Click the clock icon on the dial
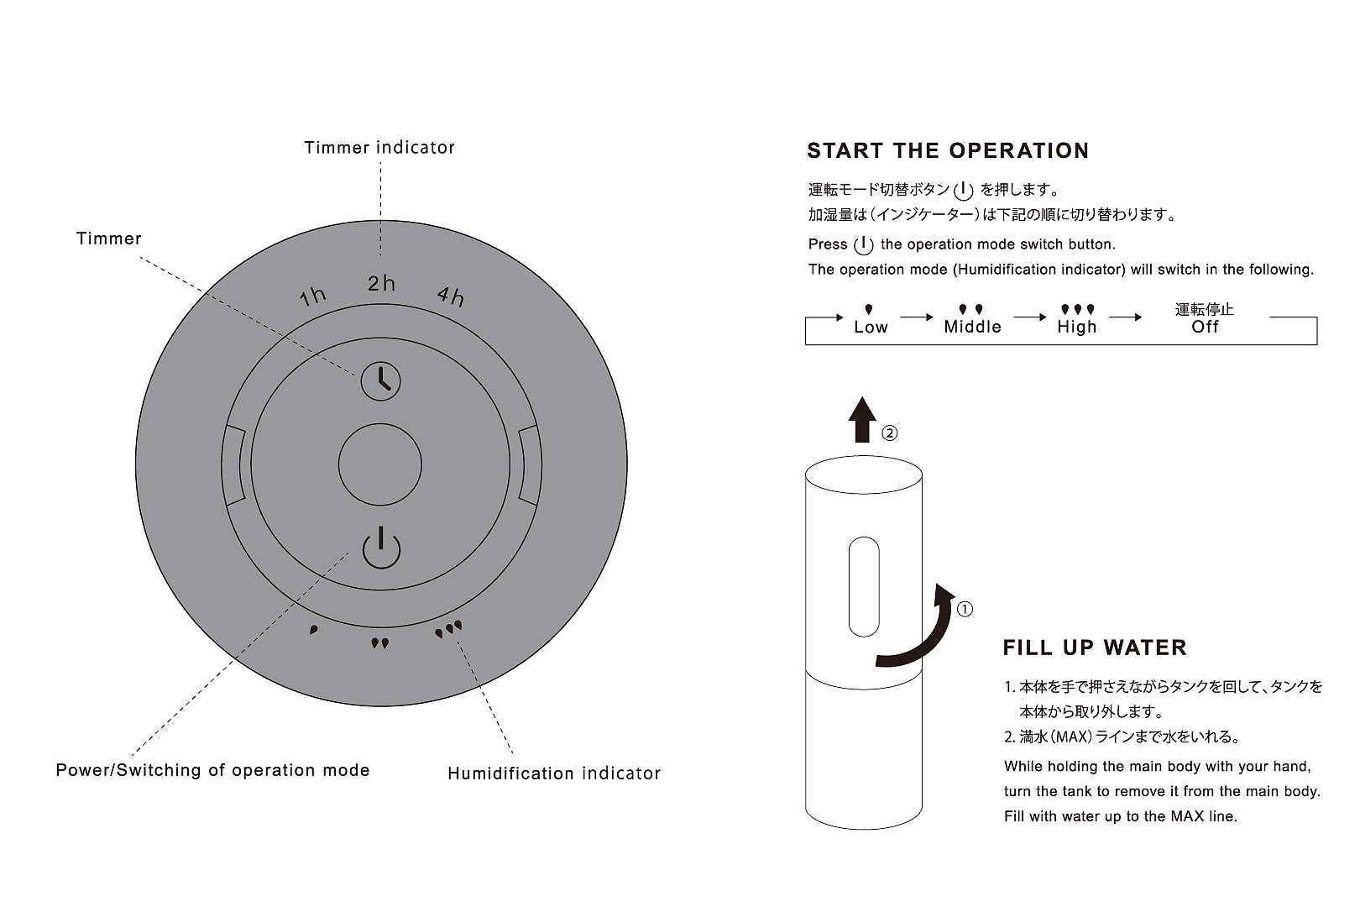coord(380,381)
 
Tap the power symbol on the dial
coord(381,548)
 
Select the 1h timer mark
coord(313,296)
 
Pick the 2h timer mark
coord(381,283)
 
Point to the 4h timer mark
coord(451,296)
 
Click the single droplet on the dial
coord(313,629)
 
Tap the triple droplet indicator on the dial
coord(448,629)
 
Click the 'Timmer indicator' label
coord(379,148)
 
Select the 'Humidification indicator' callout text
coord(554,773)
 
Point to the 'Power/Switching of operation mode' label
coord(212,770)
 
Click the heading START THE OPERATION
coord(948,150)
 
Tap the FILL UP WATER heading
coord(1094,647)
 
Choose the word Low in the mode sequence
coord(871,327)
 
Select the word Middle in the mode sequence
coord(972,327)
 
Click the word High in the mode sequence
coord(1076,327)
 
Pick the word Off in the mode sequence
coord(1205,327)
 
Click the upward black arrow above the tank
coord(862,419)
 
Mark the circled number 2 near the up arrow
coord(890,433)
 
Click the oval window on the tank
coord(864,586)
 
